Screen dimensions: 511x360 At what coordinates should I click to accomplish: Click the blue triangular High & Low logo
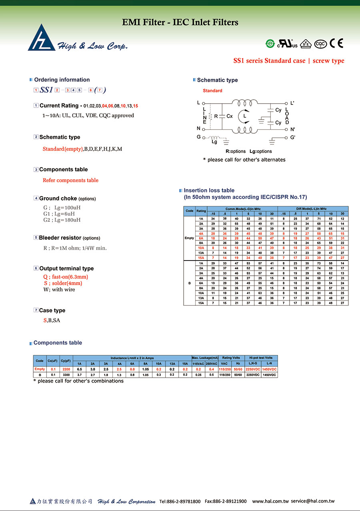pos(42,38)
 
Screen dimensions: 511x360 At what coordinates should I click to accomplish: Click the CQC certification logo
pos(320,44)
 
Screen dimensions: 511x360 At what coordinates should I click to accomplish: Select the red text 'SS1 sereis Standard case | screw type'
pos(288,61)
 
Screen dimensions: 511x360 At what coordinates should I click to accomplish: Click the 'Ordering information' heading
pos(62,80)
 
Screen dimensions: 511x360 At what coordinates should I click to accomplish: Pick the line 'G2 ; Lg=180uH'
pos(62,220)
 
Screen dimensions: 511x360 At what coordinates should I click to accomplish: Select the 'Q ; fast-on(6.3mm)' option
pos(66,277)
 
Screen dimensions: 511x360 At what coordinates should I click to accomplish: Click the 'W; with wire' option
pos(59,289)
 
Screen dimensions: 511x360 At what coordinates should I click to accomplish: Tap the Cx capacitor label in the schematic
pos(230,116)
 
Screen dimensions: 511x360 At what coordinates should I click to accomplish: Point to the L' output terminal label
pos(292,103)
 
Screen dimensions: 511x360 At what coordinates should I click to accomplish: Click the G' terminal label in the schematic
pos(293,137)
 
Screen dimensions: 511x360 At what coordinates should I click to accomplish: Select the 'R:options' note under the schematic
pos(236,151)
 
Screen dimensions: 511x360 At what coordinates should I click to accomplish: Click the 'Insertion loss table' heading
pos(209,190)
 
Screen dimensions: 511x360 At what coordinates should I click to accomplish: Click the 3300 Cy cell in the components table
pos(66,375)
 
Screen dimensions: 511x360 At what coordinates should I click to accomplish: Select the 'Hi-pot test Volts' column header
pos(261,358)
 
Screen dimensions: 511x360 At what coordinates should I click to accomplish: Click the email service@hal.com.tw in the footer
pos(313,501)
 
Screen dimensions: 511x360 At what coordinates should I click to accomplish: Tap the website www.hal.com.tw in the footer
pos(270,501)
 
